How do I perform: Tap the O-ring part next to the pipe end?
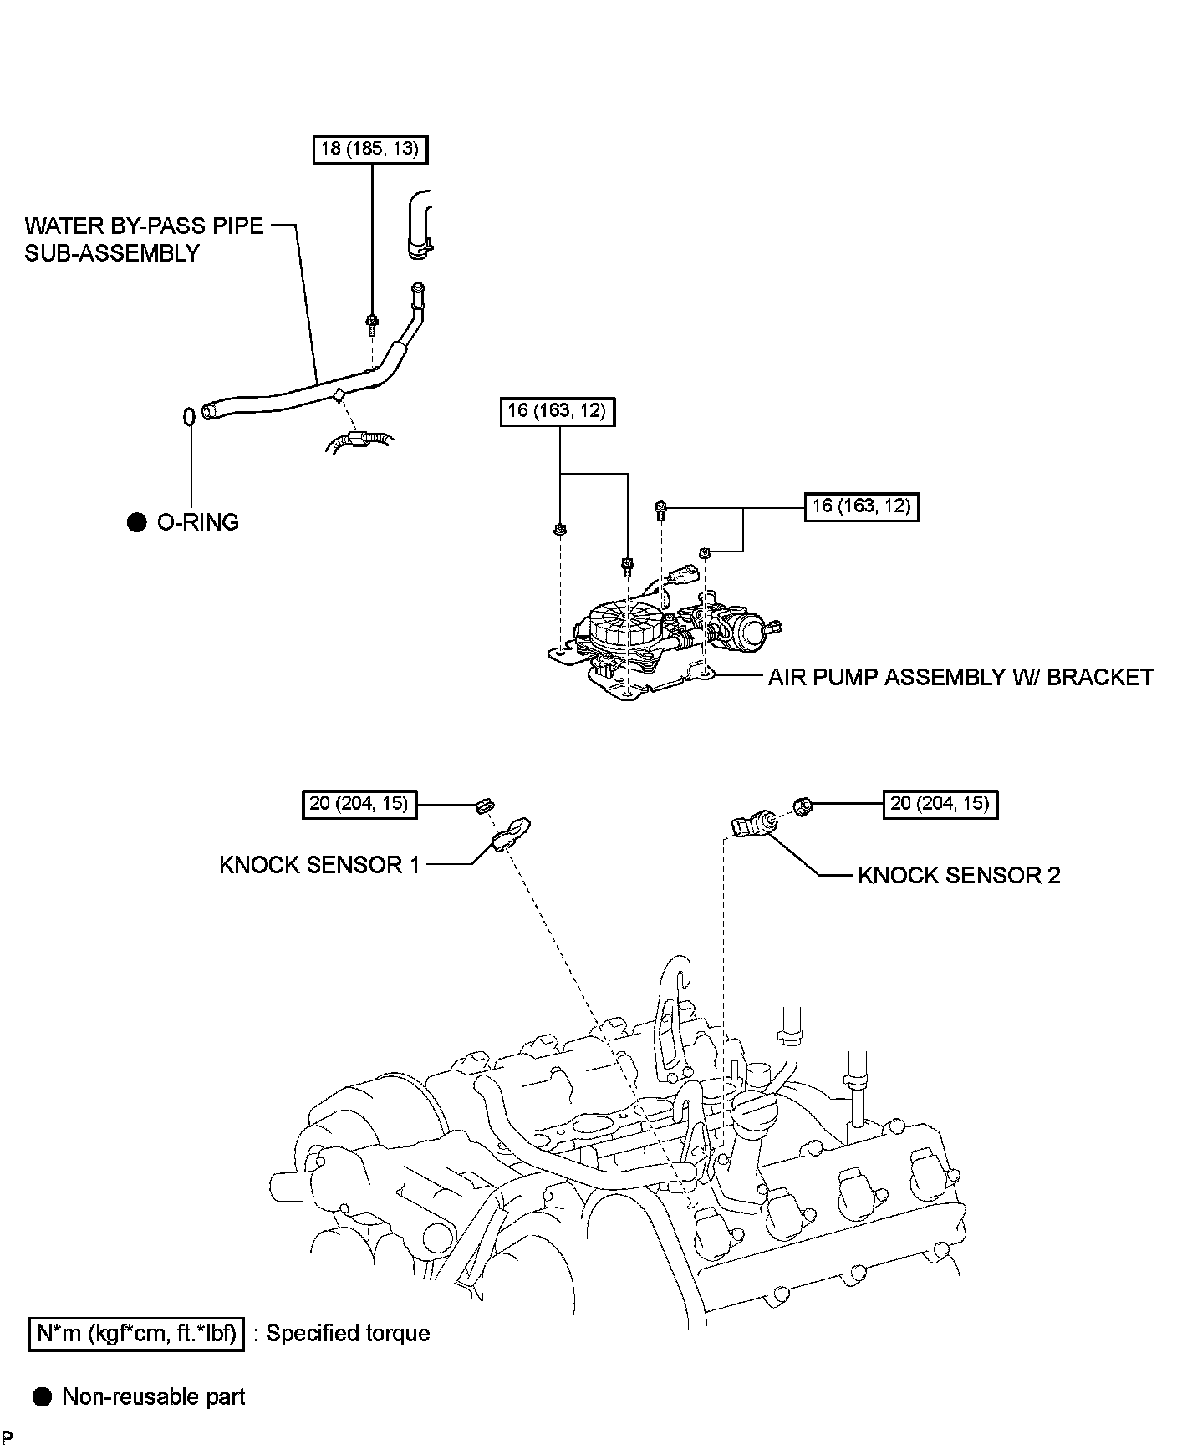[190, 415]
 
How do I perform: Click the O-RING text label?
[198, 522]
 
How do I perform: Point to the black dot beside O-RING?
[136, 523]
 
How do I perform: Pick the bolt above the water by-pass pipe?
[372, 320]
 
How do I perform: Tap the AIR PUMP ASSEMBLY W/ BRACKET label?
[960, 677]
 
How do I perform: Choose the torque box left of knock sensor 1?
[359, 804]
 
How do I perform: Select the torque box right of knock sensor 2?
[940, 804]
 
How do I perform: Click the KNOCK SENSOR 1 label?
[319, 865]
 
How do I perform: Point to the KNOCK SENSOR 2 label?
[959, 875]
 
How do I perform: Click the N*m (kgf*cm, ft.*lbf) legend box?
[138, 1333]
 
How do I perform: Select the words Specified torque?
[348, 1333]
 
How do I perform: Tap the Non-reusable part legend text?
[154, 1396]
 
